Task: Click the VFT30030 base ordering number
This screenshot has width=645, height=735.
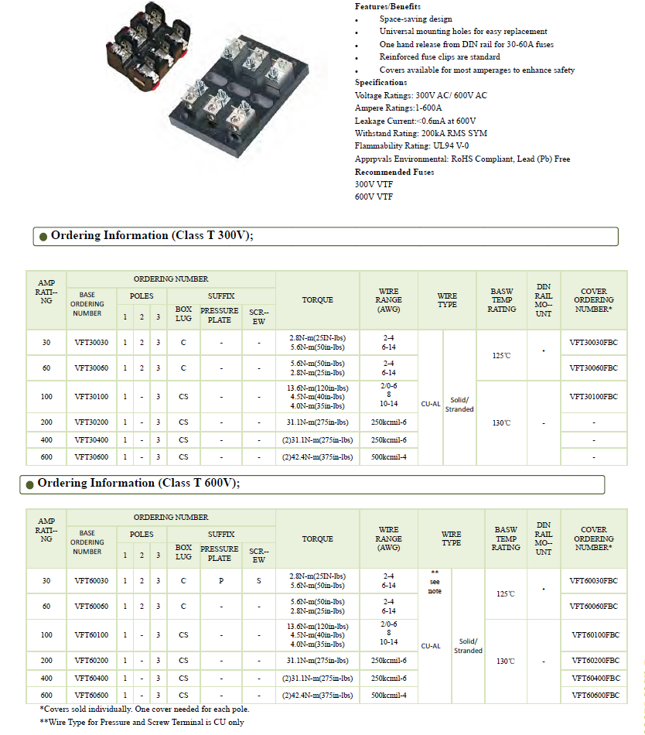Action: point(91,342)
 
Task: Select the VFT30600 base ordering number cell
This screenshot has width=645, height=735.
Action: point(91,457)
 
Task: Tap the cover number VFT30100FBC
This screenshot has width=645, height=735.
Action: point(593,396)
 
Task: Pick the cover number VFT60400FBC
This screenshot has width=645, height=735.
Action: point(596,678)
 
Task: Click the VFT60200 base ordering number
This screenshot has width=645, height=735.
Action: point(91,661)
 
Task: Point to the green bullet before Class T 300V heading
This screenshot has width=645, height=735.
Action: point(43,237)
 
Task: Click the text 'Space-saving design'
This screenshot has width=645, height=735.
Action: point(415,19)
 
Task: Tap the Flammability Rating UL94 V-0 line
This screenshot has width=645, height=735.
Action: point(411,145)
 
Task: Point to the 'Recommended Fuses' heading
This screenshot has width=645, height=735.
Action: point(394,172)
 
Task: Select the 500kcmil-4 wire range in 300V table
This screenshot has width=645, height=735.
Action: point(388,457)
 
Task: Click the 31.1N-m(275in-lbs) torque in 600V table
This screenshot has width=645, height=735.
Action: point(317,661)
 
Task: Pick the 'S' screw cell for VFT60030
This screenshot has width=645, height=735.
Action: point(258,580)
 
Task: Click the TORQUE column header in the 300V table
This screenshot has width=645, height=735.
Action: point(317,299)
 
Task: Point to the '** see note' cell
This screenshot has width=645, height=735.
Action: point(435,581)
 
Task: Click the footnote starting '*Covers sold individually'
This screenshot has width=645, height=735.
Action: point(144,709)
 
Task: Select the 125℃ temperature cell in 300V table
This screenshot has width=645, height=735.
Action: point(502,355)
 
